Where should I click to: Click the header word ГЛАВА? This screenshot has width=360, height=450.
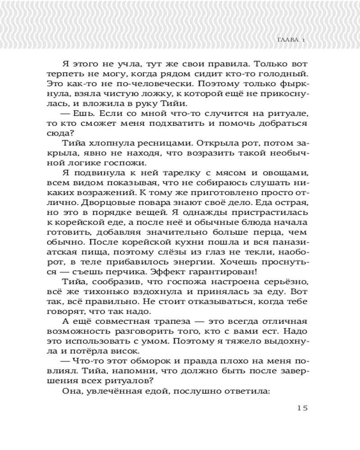coord(286,40)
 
